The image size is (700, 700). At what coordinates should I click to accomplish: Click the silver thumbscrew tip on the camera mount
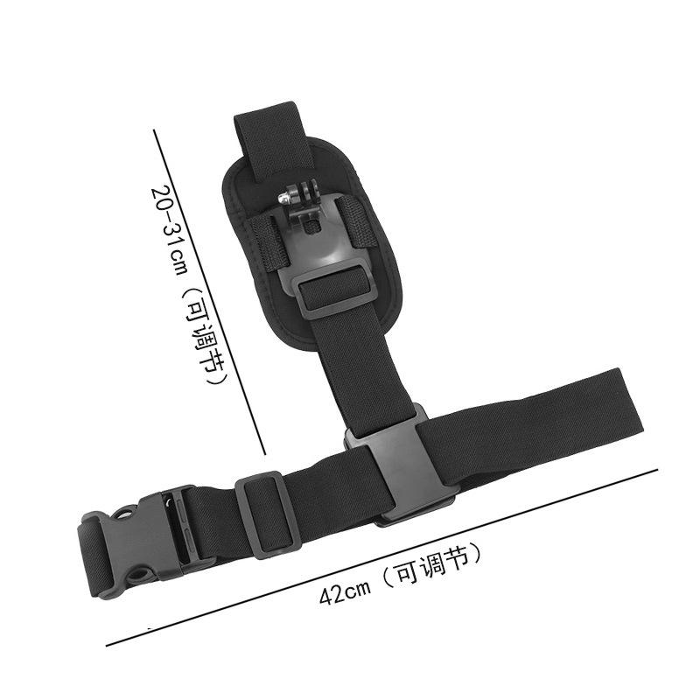(x=282, y=198)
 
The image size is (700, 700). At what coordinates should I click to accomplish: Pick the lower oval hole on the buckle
(x=141, y=573)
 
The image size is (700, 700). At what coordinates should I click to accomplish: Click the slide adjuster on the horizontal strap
(x=269, y=514)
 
